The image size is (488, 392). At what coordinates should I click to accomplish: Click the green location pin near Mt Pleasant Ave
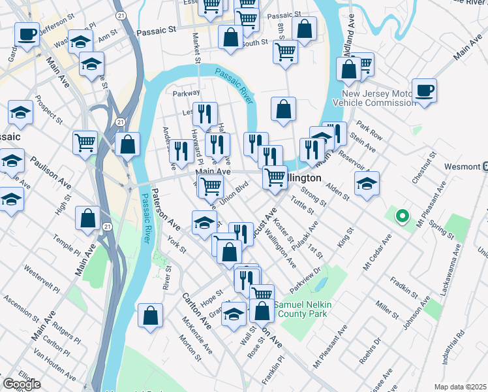point(403,215)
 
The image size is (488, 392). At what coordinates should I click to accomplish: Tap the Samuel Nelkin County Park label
point(303,310)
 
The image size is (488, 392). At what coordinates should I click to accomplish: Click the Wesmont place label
point(462,166)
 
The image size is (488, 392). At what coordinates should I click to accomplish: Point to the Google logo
point(22,384)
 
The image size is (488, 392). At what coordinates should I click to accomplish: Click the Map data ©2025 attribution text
point(460,387)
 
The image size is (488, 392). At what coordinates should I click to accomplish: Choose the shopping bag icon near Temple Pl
point(87,219)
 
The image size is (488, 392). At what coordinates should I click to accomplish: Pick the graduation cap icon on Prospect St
point(20,112)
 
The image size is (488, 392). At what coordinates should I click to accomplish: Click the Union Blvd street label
point(236,194)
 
